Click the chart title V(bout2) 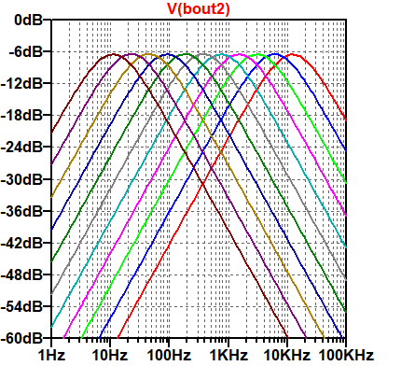click(199, 8)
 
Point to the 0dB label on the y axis click(29, 20)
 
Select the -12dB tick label click(24, 83)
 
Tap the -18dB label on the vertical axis click(24, 115)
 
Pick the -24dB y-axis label click(24, 147)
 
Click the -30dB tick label click(24, 178)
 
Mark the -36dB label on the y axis click(24, 210)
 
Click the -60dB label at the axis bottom click(24, 337)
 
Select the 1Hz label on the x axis click(50, 356)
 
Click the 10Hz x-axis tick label click(109, 356)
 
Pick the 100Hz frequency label click(168, 356)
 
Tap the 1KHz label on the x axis click(227, 356)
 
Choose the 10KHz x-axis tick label click(285, 356)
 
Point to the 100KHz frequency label click(345, 356)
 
